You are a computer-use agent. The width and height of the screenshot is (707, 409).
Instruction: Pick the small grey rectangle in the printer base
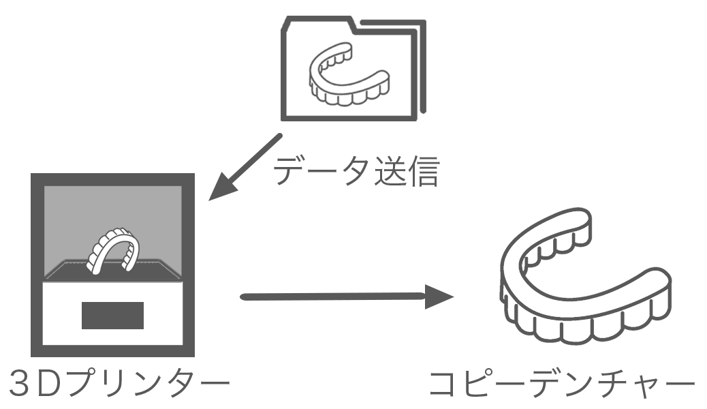point(112,314)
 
